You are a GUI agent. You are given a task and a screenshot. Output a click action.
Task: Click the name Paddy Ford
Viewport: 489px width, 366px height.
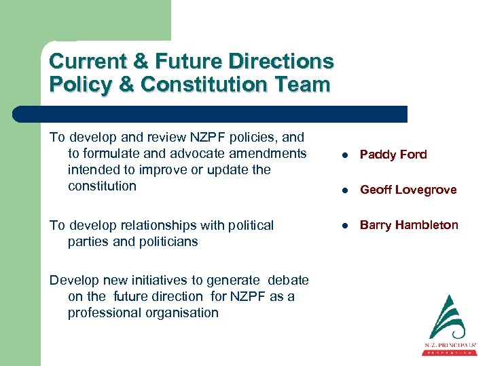393,155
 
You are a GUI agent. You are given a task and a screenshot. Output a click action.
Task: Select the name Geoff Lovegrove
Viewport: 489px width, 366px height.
408,190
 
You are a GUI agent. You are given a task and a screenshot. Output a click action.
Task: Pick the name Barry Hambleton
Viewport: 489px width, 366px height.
409,225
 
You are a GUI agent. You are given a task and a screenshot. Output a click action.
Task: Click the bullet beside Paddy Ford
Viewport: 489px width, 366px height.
346,155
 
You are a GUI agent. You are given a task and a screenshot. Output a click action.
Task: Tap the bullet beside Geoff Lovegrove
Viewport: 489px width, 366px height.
346,190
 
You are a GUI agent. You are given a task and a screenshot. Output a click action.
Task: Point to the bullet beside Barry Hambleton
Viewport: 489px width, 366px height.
346,226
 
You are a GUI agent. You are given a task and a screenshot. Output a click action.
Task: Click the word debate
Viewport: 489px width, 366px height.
288,280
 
